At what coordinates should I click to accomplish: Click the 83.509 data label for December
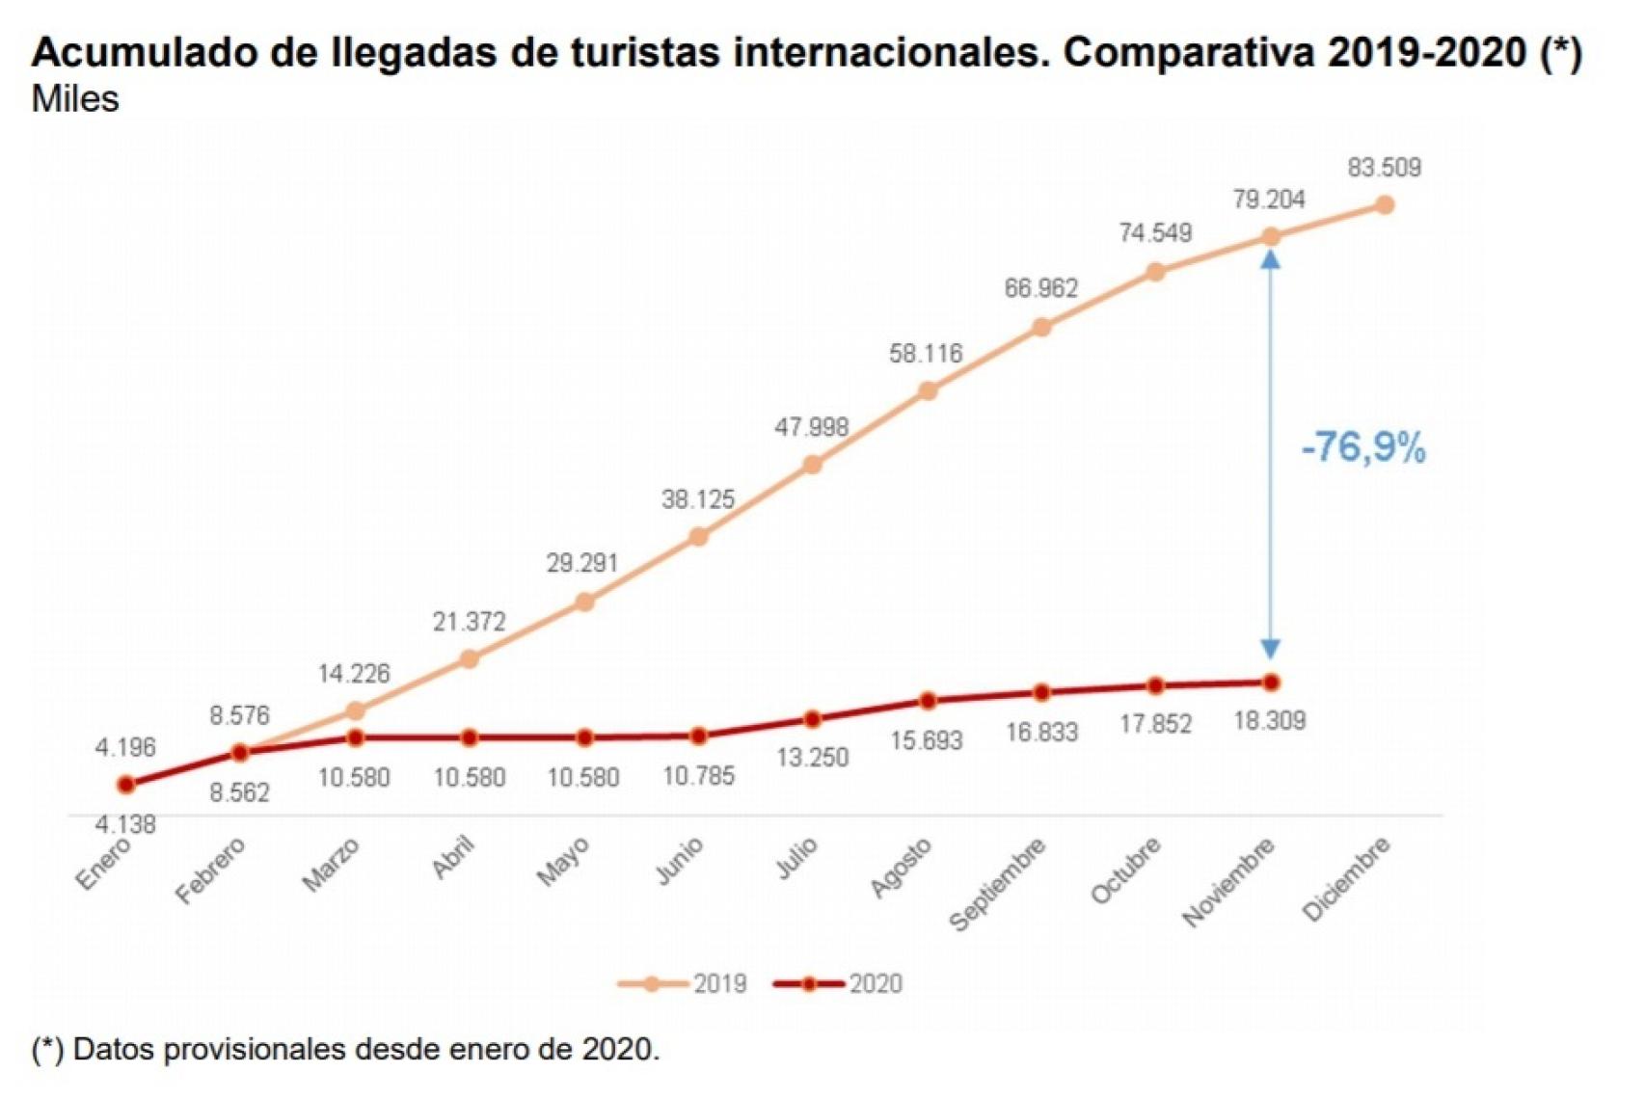(x=1384, y=168)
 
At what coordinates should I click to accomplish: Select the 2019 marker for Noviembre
(x=1271, y=236)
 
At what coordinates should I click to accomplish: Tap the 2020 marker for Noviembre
(x=1271, y=683)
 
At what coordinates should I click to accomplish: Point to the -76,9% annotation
(x=1362, y=447)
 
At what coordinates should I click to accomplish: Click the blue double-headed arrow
(x=1271, y=453)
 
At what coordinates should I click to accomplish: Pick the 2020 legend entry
(x=839, y=983)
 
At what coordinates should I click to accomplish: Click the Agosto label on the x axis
(x=902, y=867)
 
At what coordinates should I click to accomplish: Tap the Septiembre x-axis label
(x=998, y=884)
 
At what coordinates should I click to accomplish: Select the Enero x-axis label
(x=102, y=864)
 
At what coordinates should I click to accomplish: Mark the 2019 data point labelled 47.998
(x=813, y=465)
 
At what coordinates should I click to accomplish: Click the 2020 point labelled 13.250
(x=813, y=719)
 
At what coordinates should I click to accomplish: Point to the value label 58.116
(x=926, y=354)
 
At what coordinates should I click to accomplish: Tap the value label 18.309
(x=1270, y=721)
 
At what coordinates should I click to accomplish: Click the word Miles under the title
(x=75, y=99)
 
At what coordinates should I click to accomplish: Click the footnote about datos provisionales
(x=345, y=1049)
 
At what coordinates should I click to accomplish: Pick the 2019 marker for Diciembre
(x=1385, y=204)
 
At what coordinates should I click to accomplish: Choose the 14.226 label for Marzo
(x=354, y=674)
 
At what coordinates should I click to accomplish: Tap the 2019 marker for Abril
(x=470, y=659)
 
